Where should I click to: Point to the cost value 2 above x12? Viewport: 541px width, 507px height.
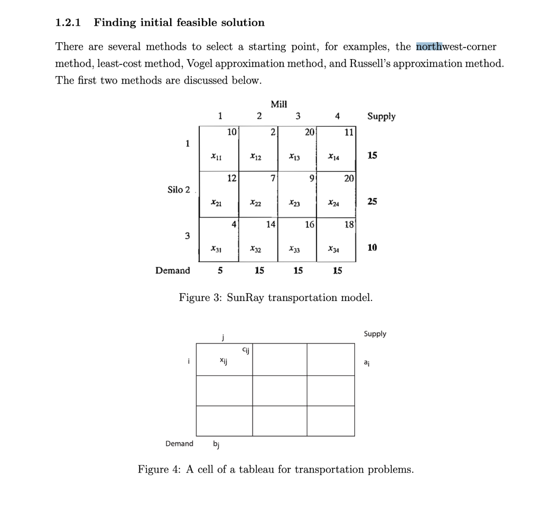(x=272, y=132)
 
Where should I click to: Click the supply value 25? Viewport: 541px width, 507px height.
(x=372, y=202)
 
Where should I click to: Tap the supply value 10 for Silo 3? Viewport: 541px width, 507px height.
(x=372, y=248)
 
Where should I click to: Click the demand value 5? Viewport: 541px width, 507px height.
(x=220, y=271)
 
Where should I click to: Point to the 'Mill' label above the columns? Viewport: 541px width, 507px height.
(x=278, y=104)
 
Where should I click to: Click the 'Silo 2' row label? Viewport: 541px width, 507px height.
(x=179, y=190)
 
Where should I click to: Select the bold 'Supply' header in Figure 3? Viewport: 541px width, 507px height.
(x=381, y=116)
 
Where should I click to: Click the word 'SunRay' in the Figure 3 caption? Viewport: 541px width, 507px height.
(x=245, y=297)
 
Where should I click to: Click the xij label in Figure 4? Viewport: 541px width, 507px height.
(x=224, y=360)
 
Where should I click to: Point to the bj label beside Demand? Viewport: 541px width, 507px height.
(x=216, y=444)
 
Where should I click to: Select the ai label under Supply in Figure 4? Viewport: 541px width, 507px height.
(x=367, y=362)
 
